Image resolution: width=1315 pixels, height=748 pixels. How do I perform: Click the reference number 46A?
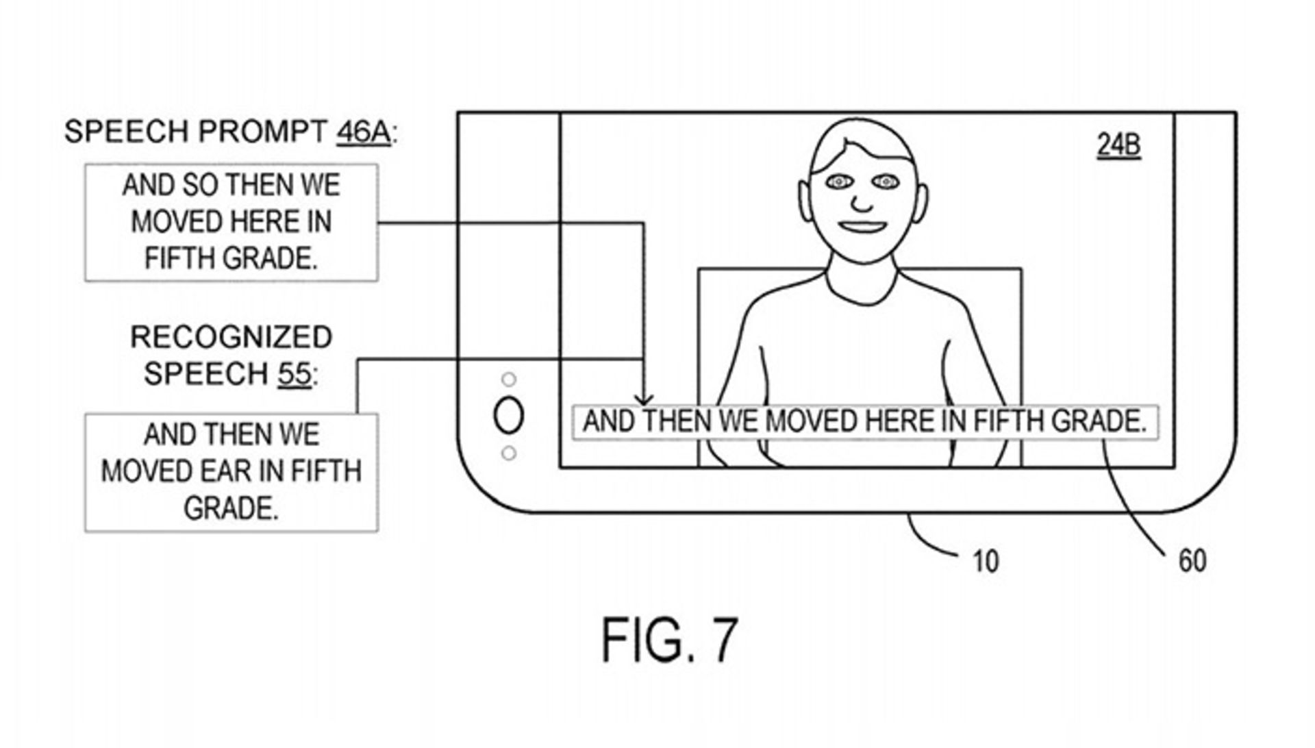pos(362,131)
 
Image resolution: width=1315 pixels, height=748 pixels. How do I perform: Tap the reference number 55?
pos(294,374)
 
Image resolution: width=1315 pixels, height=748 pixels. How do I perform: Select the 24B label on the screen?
pos(1118,145)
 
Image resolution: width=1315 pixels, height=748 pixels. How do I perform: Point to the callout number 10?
pos(986,562)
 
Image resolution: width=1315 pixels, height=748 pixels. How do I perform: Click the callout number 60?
pos(1192,561)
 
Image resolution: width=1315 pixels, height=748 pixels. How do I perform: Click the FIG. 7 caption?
pos(669,640)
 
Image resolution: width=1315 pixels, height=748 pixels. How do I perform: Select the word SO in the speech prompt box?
pos(200,186)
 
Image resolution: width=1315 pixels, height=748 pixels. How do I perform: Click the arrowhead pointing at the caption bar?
pos(643,399)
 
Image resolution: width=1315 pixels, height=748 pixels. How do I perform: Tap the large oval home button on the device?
pos(508,416)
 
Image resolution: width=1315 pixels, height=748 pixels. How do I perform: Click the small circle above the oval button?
pos(508,379)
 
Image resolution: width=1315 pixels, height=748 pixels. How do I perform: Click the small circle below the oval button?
pos(508,453)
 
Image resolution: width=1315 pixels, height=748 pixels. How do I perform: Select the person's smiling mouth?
pos(862,226)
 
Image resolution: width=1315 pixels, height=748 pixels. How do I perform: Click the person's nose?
pos(862,202)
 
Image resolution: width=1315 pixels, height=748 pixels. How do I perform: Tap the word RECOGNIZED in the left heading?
pos(231,338)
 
